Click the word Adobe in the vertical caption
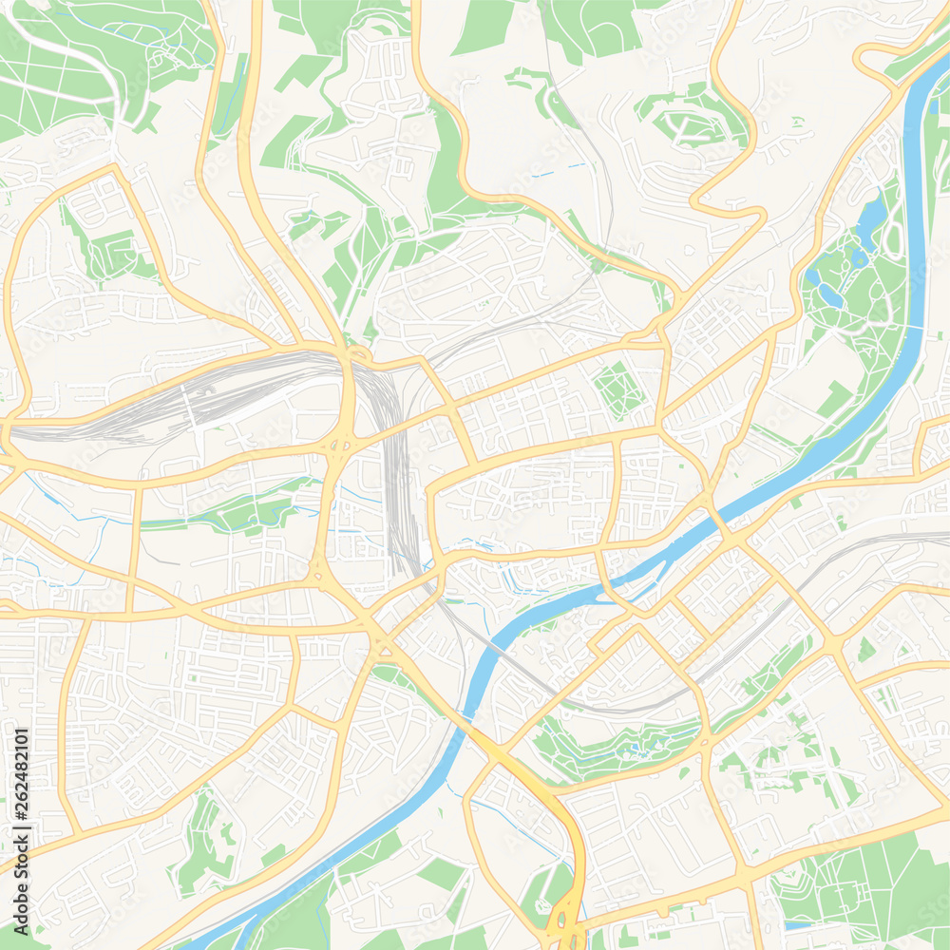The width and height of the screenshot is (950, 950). pyautogui.click(x=22, y=874)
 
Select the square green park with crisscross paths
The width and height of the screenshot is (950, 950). pyautogui.click(x=617, y=389)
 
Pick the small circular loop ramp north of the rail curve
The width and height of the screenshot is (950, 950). pyautogui.click(x=359, y=355)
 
